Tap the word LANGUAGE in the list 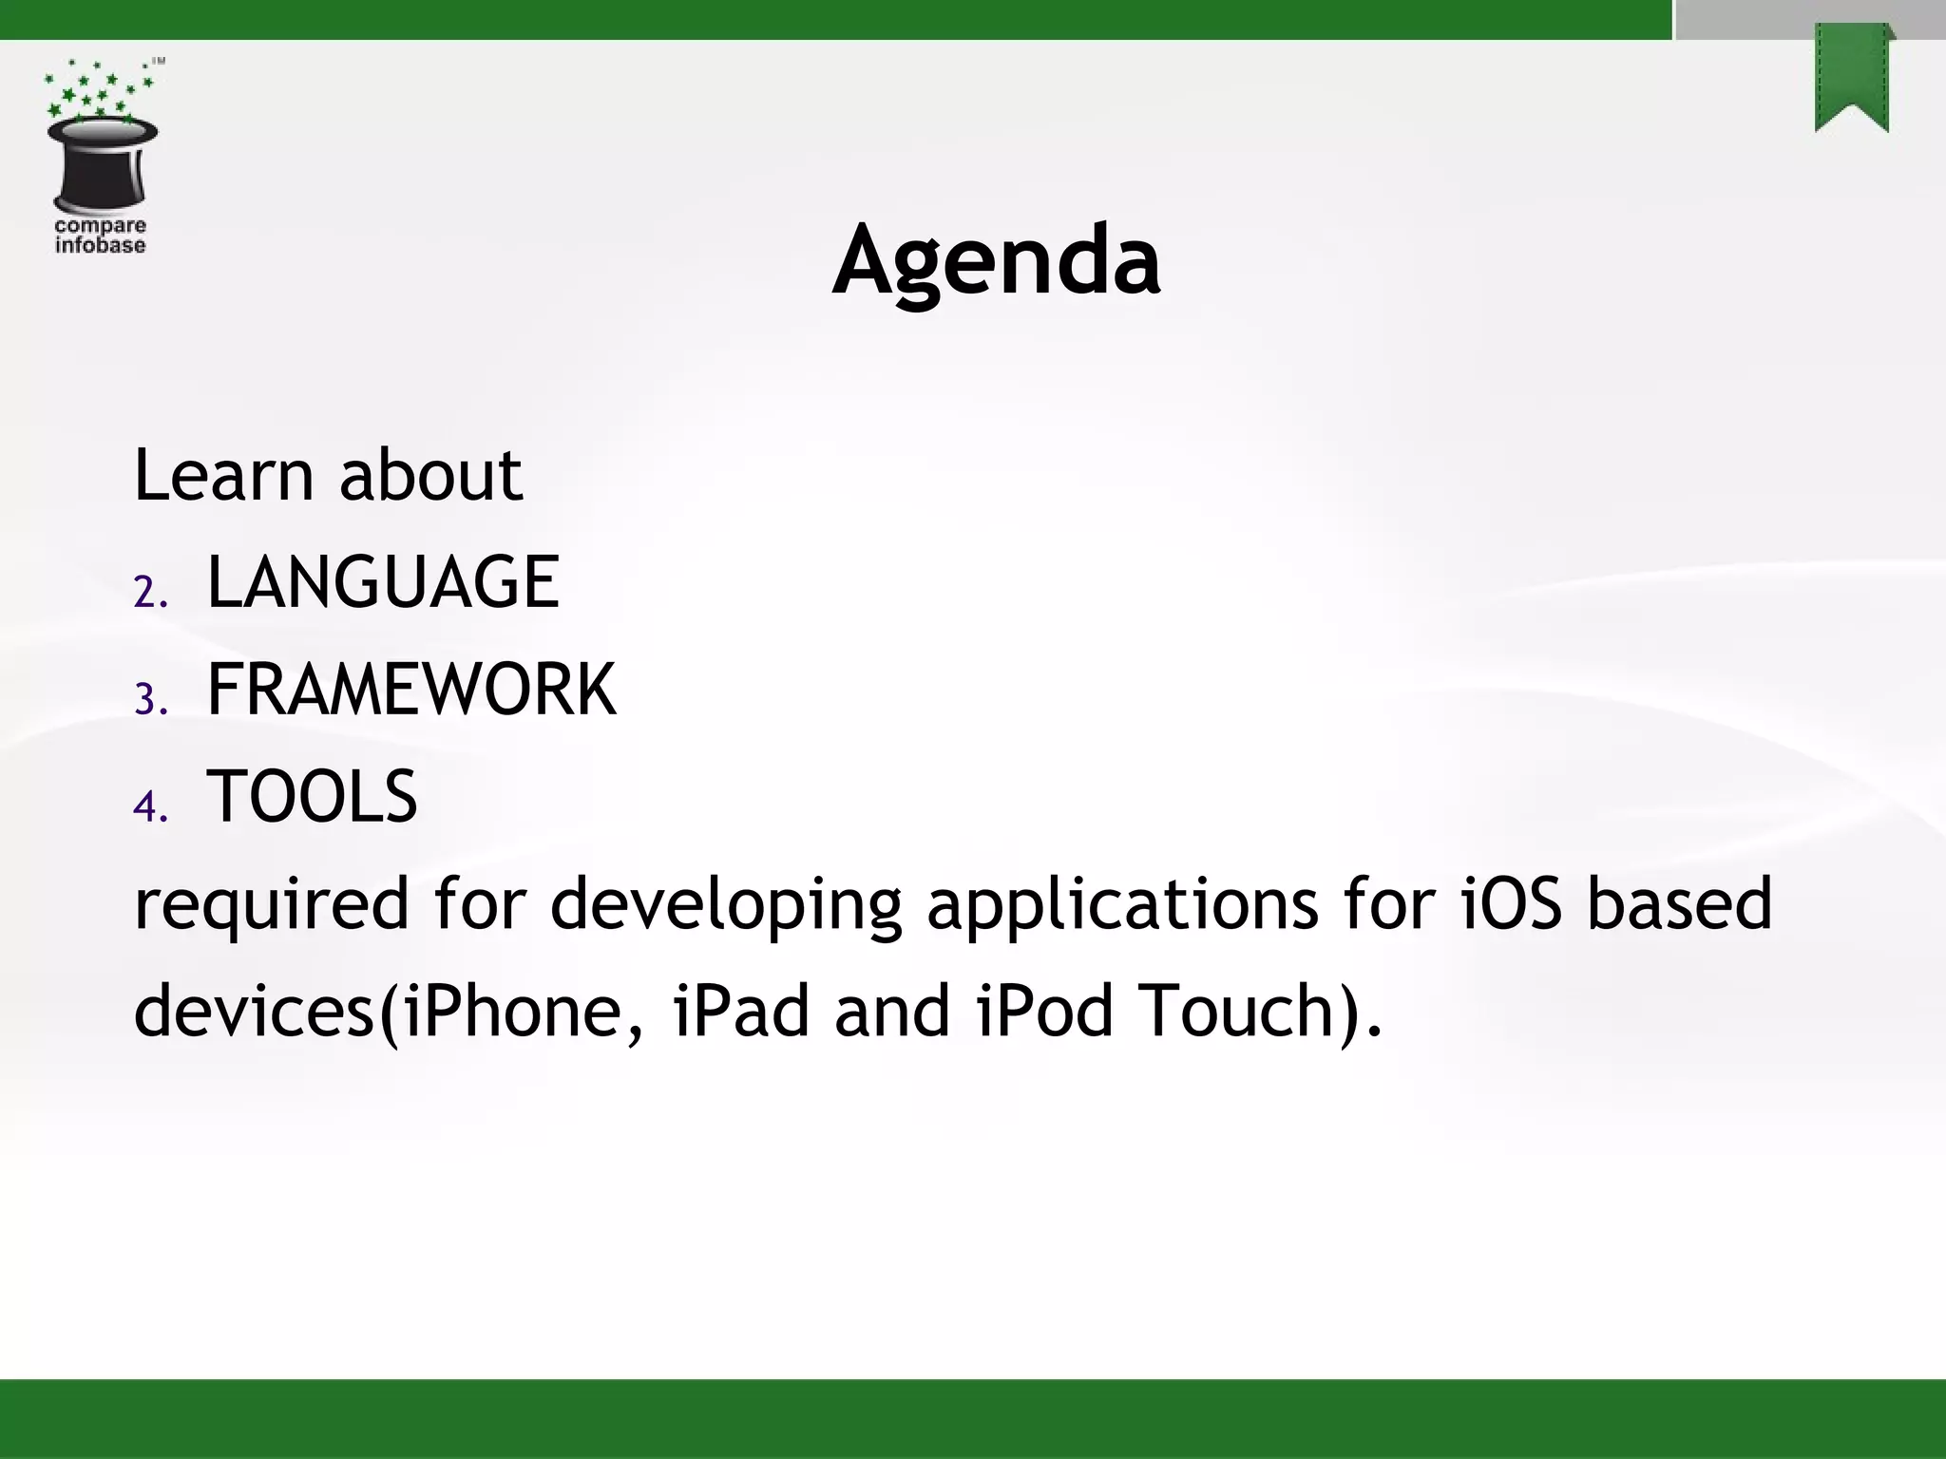pos(382,582)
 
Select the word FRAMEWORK pos(410,690)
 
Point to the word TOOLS pos(312,797)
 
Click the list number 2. pos(149,593)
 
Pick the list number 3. pos(149,700)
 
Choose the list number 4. pos(149,807)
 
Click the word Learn pos(223,474)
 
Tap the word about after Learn pos(429,474)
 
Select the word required pos(271,905)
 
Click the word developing pos(726,905)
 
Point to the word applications pos(1122,905)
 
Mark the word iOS pos(1511,903)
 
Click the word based pos(1679,903)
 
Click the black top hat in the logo pos(102,163)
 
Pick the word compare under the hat pos(101,226)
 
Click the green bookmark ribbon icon pos(1852,78)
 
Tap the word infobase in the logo pos(101,245)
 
